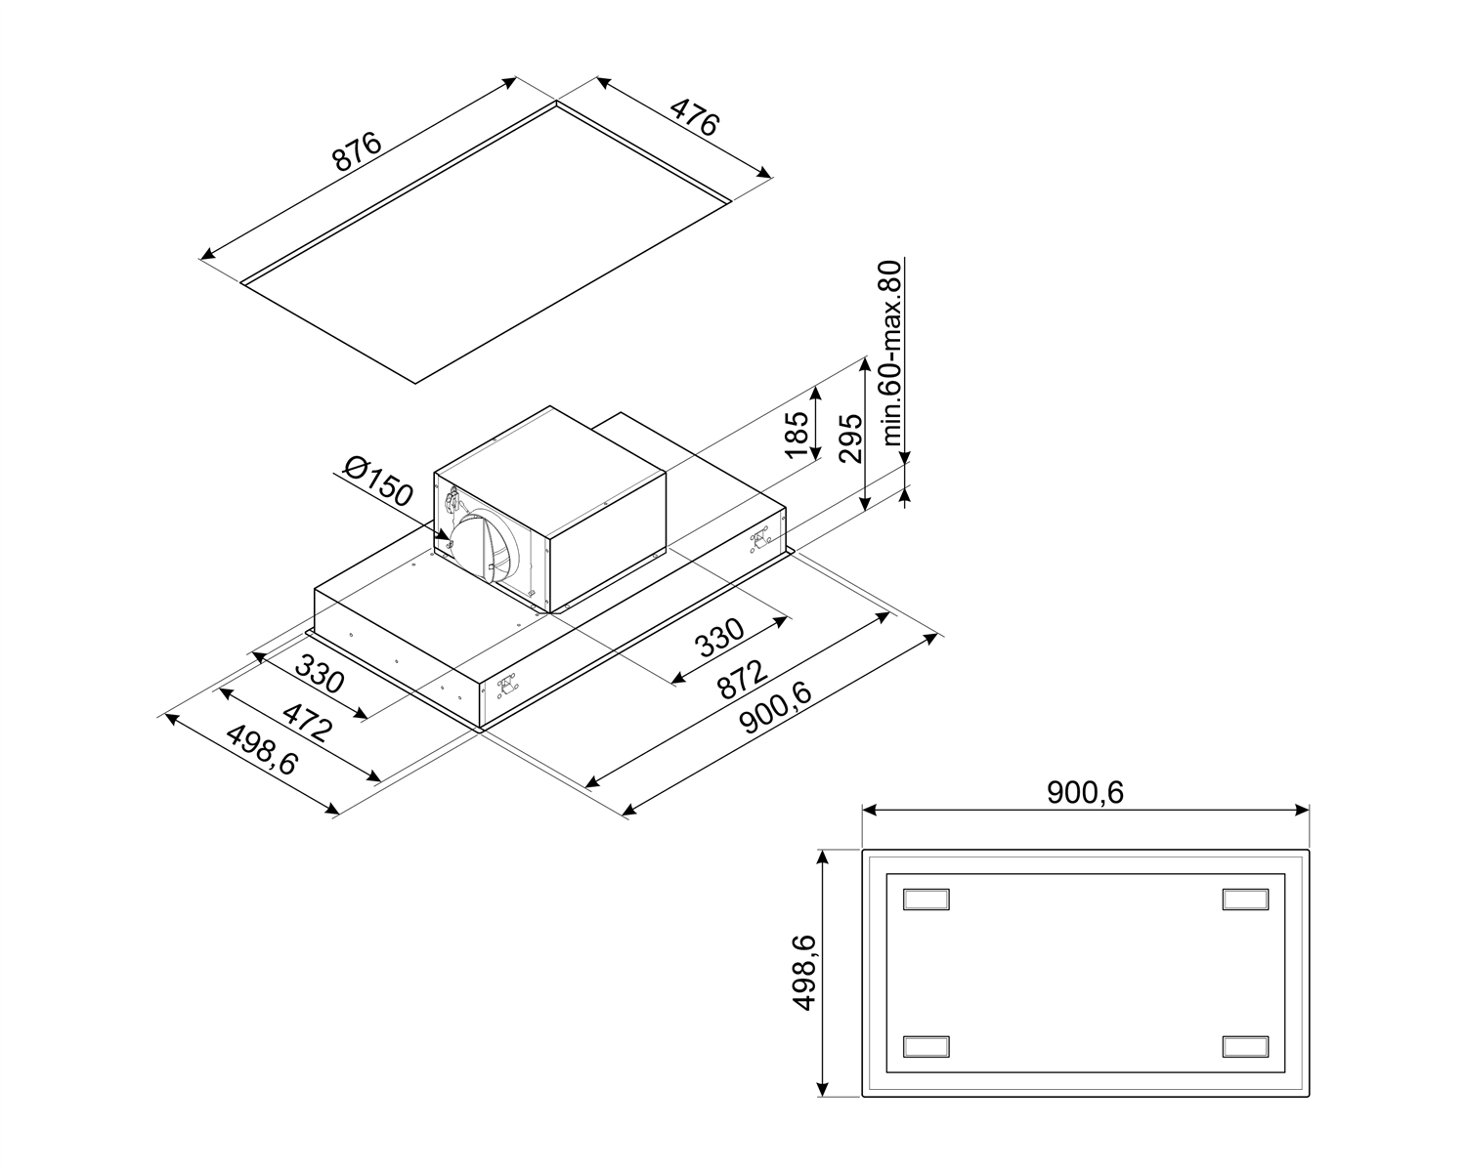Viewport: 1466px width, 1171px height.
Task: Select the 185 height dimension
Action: [x=798, y=435]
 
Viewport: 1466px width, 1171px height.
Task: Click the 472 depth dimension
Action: [x=308, y=724]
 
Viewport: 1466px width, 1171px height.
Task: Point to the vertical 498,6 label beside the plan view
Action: [x=803, y=972]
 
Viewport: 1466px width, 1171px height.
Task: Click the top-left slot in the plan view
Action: [x=927, y=899]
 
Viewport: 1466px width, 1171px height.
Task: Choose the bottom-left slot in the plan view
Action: [x=927, y=1045]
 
